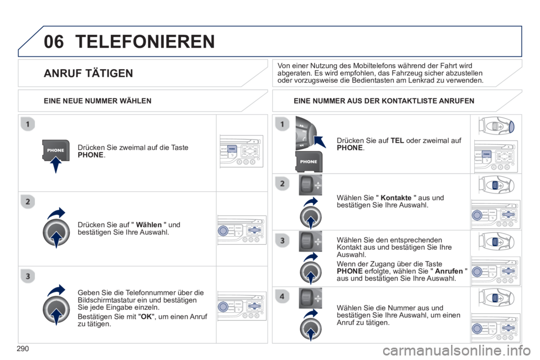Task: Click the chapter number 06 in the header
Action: [54, 42]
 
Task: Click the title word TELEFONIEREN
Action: [145, 42]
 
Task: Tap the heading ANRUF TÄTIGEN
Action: [88, 73]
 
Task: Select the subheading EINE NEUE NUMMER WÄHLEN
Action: [97, 101]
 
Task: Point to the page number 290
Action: [22, 349]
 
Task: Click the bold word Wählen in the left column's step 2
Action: [148, 225]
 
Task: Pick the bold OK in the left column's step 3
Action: [146, 317]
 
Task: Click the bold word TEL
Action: [397, 141]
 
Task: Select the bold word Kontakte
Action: [395, 198]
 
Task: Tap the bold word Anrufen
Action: [449, 271]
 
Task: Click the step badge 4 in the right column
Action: [282, 296]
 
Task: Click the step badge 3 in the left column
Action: [28, 276]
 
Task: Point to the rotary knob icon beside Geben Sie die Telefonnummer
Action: [56, 309]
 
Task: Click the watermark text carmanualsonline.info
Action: [456, 350]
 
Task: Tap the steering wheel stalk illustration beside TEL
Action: [306, 133]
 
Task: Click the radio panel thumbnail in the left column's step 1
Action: [241, 151]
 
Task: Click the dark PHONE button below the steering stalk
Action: [309, 161]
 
